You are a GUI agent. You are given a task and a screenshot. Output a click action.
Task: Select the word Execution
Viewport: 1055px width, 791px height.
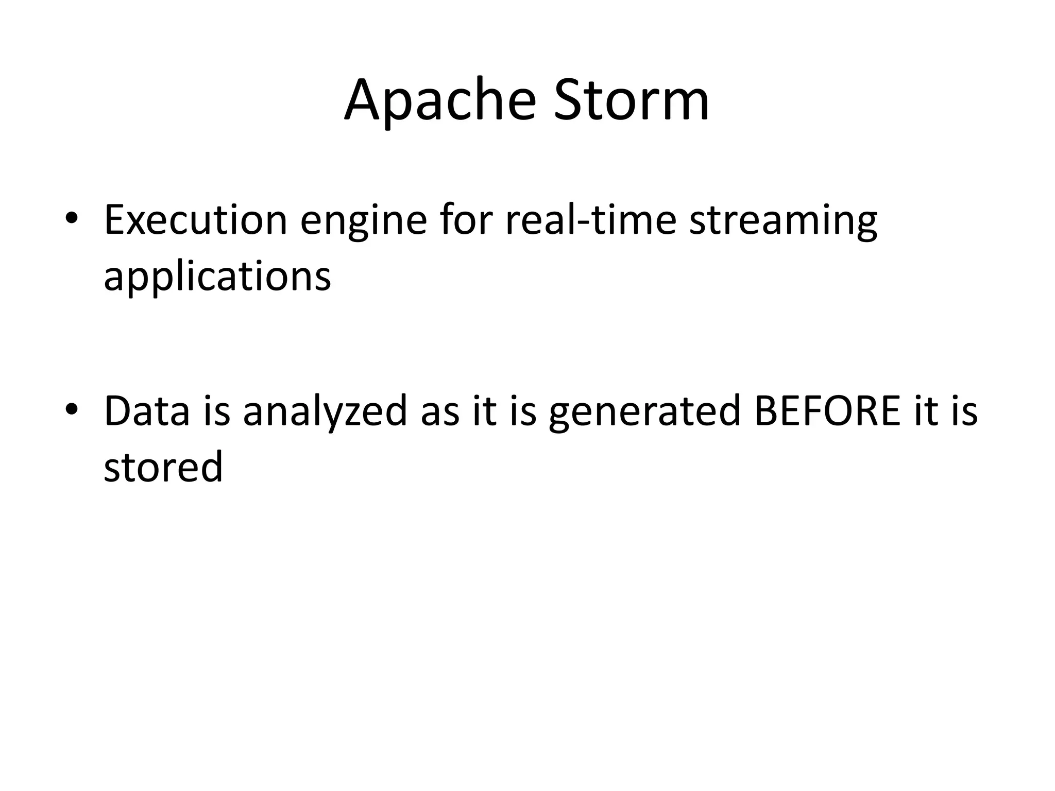pyautogui.click(x=195, y=220)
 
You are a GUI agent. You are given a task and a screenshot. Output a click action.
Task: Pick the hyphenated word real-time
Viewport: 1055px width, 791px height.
pyautogui.click(x=590, y=220)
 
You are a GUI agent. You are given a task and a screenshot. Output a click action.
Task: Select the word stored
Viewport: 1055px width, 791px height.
pyautogui.click(x=163, y=467)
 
